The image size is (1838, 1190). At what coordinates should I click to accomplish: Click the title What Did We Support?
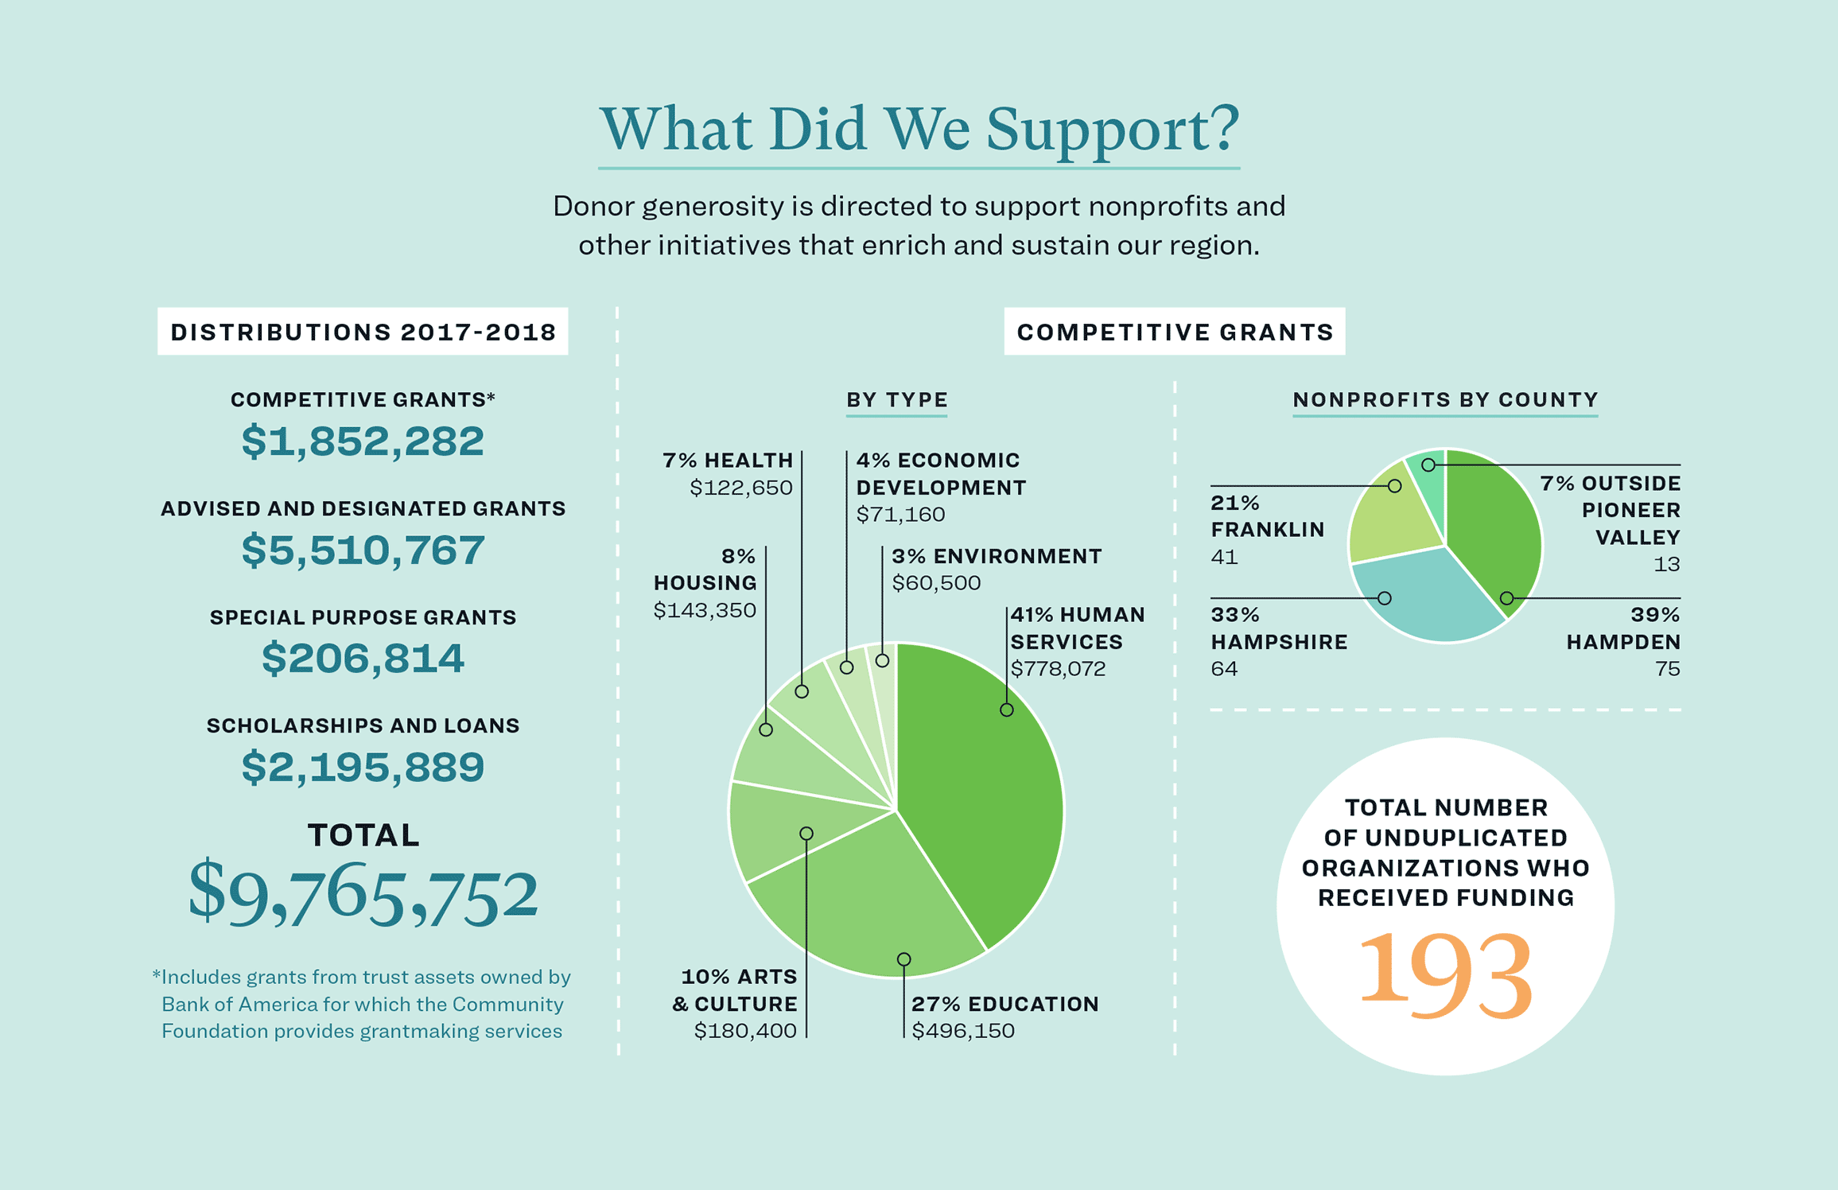click(919, 129)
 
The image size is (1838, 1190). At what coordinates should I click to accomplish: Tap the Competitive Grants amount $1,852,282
click(363, 441)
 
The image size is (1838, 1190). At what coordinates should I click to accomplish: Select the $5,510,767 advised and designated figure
click(363, 550)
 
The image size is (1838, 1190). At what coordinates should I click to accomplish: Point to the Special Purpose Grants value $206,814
click(363, 659)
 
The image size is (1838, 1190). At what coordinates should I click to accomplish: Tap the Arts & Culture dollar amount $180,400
click(744, 1031)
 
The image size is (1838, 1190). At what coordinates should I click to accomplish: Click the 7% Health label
click(728, 461)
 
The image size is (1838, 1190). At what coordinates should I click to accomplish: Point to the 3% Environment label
click(996, 556)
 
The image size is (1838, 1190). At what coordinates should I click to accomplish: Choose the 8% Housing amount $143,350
click(705, 610)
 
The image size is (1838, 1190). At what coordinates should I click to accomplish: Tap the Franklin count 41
click(1224, 557)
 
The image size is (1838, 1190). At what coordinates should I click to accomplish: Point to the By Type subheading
click(896, 400)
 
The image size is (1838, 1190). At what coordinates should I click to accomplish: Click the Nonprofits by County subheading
click(1444, 400)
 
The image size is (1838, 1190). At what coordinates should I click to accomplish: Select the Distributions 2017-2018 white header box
click(363, 332)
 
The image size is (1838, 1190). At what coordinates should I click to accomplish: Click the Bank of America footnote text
click(363, 1004)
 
